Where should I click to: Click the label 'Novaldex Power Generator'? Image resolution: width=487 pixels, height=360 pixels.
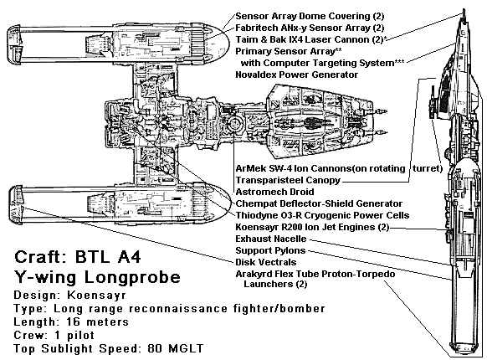coord(296,75)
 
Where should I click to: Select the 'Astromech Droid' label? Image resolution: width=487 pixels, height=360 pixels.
coord(274,192)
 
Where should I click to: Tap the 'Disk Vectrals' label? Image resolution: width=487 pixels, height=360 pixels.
coord(266,262)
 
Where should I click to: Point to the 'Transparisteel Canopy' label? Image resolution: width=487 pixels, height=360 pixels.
coord(288,180)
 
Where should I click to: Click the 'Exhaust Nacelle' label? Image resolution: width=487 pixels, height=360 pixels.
coord(271,239)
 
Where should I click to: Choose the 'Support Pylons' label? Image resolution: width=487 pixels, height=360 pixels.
coord(270,250)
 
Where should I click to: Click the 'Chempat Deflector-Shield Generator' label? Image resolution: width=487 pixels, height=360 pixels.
coord(319,203)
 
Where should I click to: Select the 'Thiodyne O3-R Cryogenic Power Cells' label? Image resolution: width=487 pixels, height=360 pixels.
coord(322,215)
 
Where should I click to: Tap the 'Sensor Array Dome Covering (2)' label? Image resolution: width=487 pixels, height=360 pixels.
coord(310,16)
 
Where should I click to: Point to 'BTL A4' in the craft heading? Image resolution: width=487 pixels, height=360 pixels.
coord(108,257)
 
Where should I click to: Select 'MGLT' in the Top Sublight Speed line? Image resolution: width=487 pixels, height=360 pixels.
coord(186,348)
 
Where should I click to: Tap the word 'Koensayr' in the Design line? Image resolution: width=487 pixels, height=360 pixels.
coord(97,295)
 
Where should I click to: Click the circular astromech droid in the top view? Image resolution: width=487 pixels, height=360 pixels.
coord(234,124)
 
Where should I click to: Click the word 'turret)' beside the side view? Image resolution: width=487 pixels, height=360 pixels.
coord(428,168)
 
